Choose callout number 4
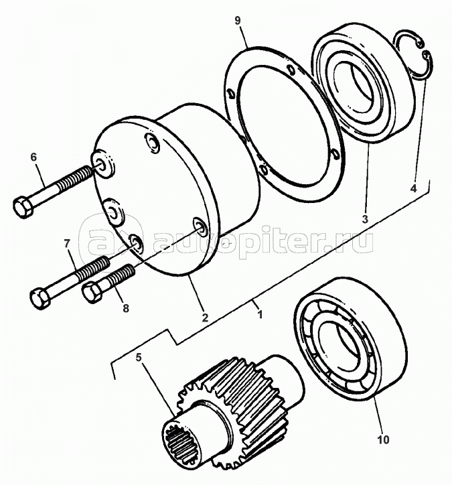tap(413, 190)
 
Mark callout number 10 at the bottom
tap(382, 440)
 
